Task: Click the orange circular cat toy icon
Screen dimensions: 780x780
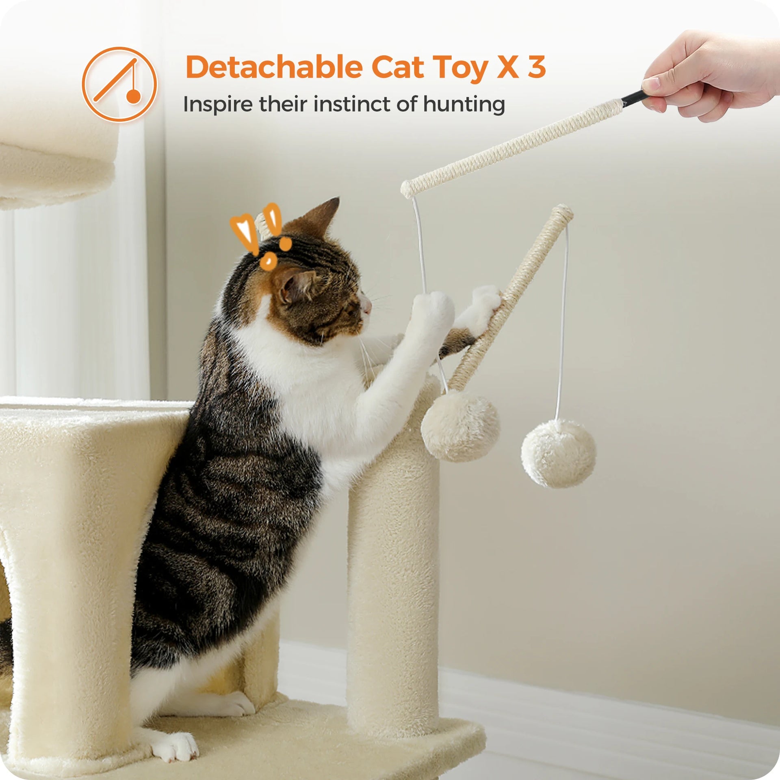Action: click(119, 84)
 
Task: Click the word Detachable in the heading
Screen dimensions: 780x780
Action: click(273, 67)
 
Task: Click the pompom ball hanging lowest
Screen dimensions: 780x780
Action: click(558, 453)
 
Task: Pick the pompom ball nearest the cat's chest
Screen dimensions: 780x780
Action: click(460, 426)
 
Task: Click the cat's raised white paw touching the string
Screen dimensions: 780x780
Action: click(433, 309)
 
